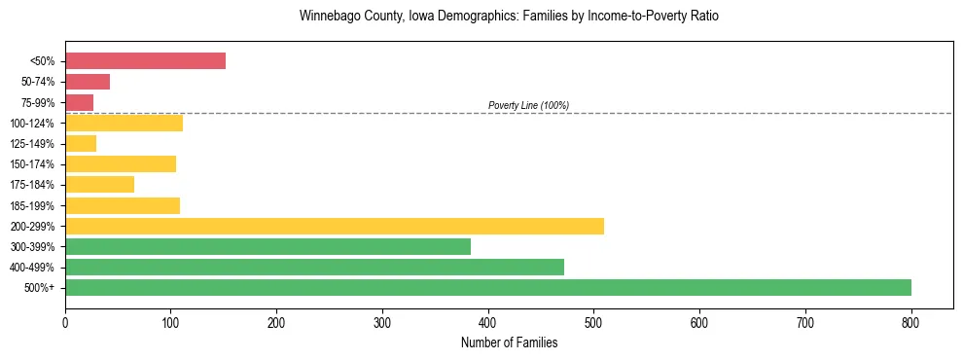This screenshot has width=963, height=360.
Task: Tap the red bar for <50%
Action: click(x=145, y=61)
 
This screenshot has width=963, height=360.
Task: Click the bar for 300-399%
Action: click(x=267, y=246)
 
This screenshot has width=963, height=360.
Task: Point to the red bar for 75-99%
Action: click(x=79, y=102)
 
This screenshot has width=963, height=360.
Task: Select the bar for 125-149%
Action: click(x=81, y=143)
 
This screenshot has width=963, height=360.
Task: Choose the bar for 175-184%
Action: click(x=99, y=184)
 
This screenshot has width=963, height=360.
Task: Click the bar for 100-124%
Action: click(x=124, y=123)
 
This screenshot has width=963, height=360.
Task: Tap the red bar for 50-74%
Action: click(x=88, y=82)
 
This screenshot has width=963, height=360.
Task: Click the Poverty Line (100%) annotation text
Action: click(x=528, y=105)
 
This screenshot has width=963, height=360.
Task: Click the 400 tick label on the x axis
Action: click(x=488, y=320)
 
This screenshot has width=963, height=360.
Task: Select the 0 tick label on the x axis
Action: click(x=65, y=320)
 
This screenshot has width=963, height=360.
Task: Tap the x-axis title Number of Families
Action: click(x=509, y=342)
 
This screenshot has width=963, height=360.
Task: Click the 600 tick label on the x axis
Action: click(x=699, y=320)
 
